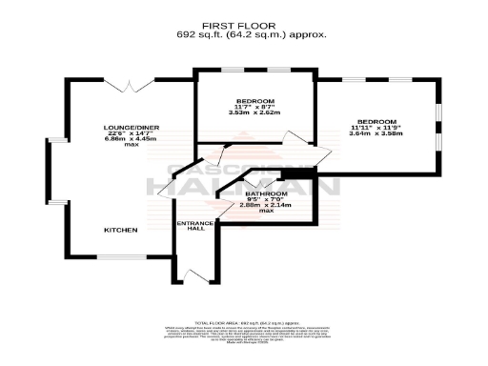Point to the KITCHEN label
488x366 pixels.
click(x=121, y=231)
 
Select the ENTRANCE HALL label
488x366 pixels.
click(x=193, y=228)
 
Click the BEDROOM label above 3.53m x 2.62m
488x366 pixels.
click(x=256, y=101)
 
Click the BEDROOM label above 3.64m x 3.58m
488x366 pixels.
click(x=376, y=122)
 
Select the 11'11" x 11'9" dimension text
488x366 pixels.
click(x=376, y=128)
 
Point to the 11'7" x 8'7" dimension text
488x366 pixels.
click(x=256, y=107)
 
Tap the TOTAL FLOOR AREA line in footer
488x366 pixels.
click(x=252, y=325)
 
